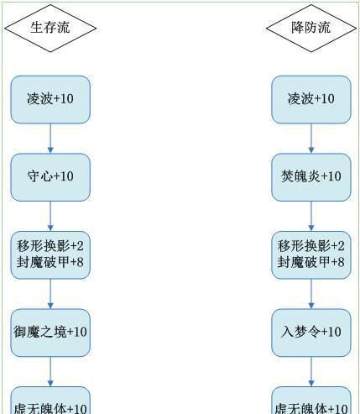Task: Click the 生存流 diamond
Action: [x=50, y=28]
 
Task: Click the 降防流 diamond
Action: [x=311, y=28]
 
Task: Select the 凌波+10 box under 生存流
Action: [x=50, y=99]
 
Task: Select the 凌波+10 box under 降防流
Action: [x=311, y=99]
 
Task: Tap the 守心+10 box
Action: [x=50, y=177]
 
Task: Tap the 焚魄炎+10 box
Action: [x=311, y=177]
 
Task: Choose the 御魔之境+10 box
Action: [x=50, y=333]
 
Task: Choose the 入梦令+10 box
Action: [x=311, y=333]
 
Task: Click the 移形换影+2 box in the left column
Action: [x=50, y=255]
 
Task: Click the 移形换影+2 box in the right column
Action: [x=311, y=255]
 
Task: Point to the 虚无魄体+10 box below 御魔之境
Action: [x=50, y=401]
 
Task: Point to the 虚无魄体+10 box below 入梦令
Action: [x=311, y=401]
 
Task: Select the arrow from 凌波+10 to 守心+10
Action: [x=50, y=139]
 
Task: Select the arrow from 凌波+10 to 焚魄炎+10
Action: [x=311, y=139]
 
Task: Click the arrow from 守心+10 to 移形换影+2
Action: [x=50, y=217]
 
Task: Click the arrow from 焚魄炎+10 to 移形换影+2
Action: [x=311, y=217]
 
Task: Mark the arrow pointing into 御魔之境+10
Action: [x=50, y=294]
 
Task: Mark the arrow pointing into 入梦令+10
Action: [x=311, y=294]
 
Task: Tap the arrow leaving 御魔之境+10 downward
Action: [x=50, y=372]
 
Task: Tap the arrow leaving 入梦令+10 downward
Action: [x=311, y=372]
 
